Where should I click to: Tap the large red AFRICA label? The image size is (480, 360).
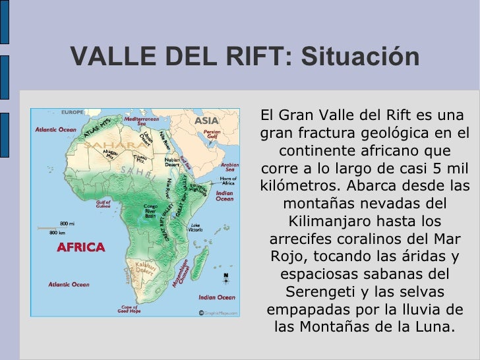80,248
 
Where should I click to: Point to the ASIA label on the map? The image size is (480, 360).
206,121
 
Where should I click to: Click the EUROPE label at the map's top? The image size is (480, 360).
72,112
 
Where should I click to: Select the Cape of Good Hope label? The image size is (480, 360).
128,309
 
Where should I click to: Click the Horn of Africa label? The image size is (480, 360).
228,181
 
